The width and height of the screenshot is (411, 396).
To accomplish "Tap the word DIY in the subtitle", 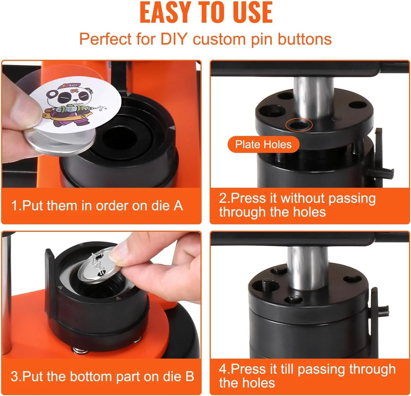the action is (x=174, y=39).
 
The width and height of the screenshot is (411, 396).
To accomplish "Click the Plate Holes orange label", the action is (x=263, y=145).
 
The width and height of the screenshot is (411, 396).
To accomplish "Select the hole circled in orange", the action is (x=299, y=125).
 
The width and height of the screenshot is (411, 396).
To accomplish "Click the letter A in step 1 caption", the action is (x=178, y=206).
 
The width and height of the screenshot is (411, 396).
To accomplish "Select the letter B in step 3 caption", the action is (x=189, y=376).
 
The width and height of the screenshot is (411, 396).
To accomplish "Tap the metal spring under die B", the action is (x=80, y=351).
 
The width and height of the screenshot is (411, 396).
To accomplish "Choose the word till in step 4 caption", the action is (x=288, y=369).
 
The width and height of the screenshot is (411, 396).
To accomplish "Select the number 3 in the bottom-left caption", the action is (x=14, y=376).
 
